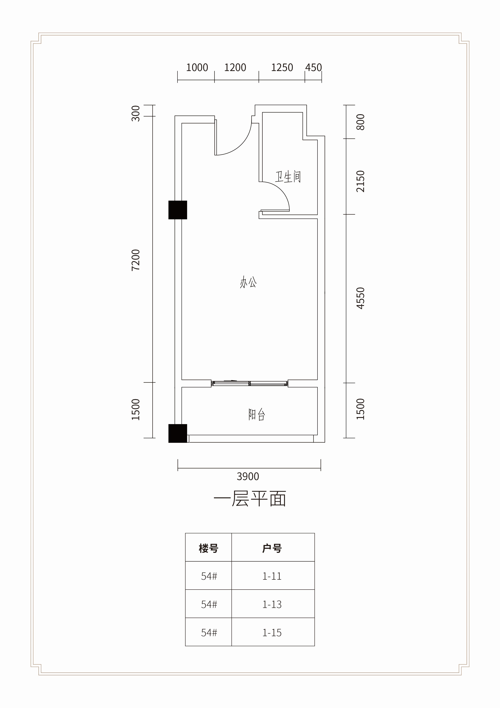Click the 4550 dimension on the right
(x=360, y=298)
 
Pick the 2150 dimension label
(x=360, y=181)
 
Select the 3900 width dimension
(x=248, y=476)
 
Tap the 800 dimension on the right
(x=360, y=122)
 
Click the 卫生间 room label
(x=288, y=177)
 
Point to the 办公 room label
(x=248, y=282)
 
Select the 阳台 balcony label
(x=257, y=415)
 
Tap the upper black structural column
(x=178, y=210)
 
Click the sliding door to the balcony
(x=250, y=384)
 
